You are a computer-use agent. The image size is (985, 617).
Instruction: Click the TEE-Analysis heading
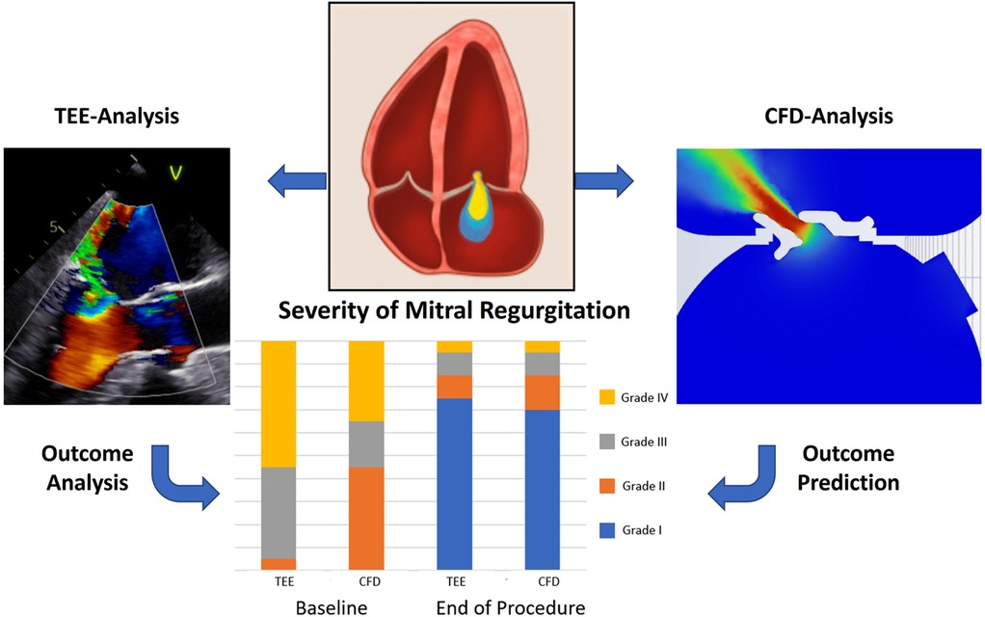[x=118, y=118]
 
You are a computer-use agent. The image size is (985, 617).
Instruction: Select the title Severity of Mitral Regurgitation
[x=454, y=311]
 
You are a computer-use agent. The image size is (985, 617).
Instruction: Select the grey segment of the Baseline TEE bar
[x=279, y=512]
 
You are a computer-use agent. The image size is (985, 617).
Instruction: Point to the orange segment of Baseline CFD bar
[x=365, y=518]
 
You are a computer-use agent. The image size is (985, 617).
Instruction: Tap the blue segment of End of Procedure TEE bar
[x=454, y=483]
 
